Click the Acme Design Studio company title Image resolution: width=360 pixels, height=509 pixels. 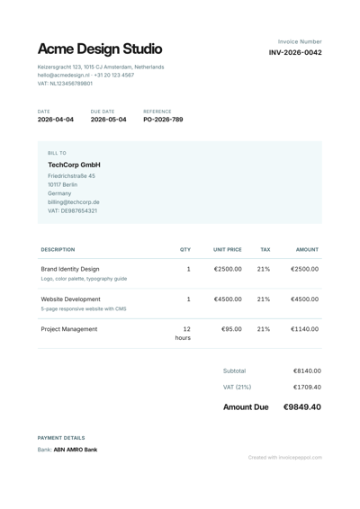click(x=100, y=49)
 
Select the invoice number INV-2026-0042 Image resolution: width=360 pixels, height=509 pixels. click(x=295, y=53)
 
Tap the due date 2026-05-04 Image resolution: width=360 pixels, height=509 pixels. click(x=109, y=119)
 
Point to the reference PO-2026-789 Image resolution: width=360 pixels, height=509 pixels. click(x=163, y=119)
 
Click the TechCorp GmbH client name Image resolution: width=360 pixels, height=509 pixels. click(x=74, y=165)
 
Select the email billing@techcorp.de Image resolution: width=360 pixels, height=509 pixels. click(x=74, y=202)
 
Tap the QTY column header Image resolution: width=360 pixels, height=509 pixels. click(x=185, y=250)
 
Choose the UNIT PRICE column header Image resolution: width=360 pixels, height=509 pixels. click(x=227, y=250)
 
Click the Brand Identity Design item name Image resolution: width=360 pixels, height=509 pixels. click(x=70, y=269)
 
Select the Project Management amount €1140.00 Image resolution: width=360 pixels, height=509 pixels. click(x=304, y=329)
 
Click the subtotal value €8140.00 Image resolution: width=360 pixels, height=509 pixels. click(x=307, y=371)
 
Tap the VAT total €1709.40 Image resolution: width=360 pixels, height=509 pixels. click(x=307, y=388)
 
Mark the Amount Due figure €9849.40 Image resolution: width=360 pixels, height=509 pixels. click(x=301, y=407)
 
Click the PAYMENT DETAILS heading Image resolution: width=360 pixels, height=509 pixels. click(x=61, y=437)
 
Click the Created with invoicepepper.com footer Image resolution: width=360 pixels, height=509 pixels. click(x=285, y=457)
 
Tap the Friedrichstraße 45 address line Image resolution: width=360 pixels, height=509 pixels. click(x=71, y=176)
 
